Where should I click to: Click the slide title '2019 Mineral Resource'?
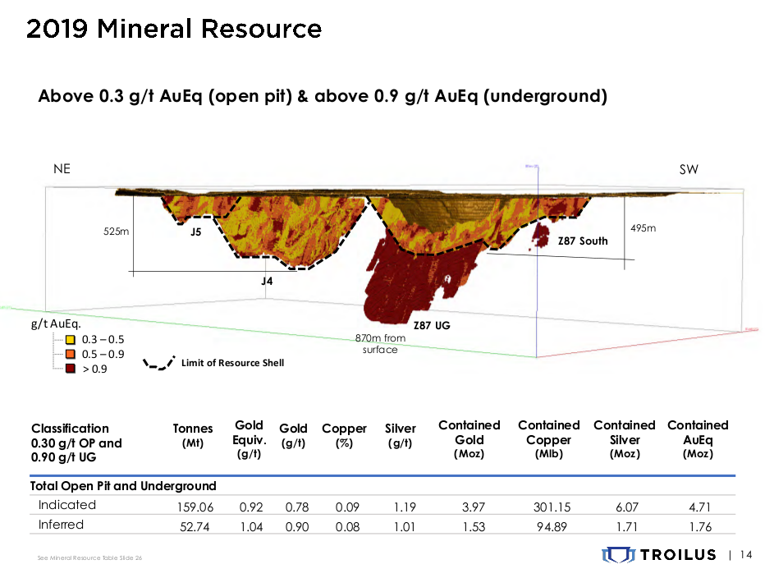pos(173,30)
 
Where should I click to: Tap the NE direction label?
pos(62,169)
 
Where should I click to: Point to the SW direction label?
pos(688,169)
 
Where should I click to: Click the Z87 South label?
pos(583,241)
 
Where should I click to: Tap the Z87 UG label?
pos(431,325)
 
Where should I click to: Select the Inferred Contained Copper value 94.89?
pos(548,525)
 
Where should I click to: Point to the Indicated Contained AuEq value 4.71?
pos(698,506)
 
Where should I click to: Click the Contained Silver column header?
pos(624,438)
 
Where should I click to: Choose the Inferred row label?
pos(62,525)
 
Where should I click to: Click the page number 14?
pos(745,556)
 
